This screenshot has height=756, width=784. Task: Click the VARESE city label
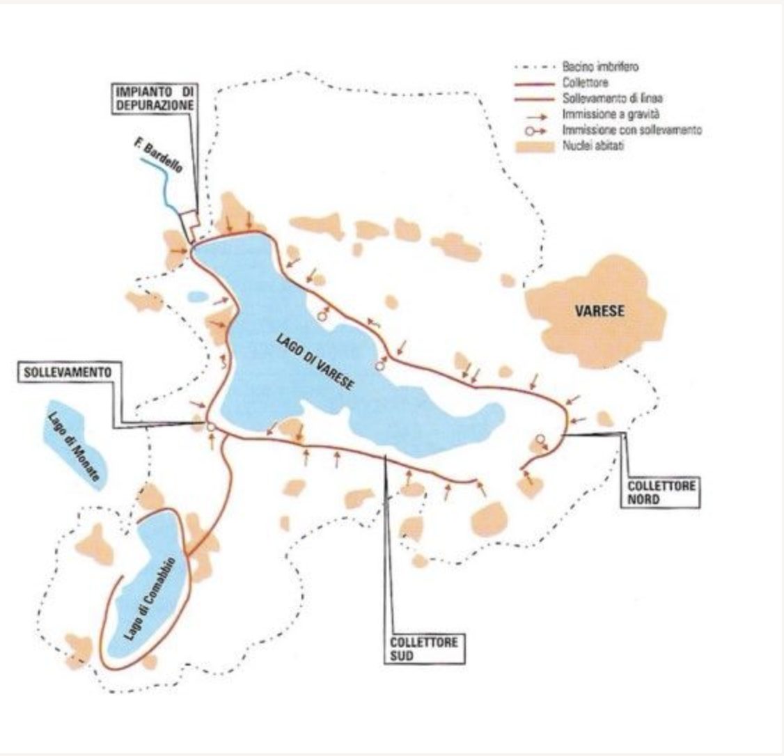(x=600, y=311)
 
